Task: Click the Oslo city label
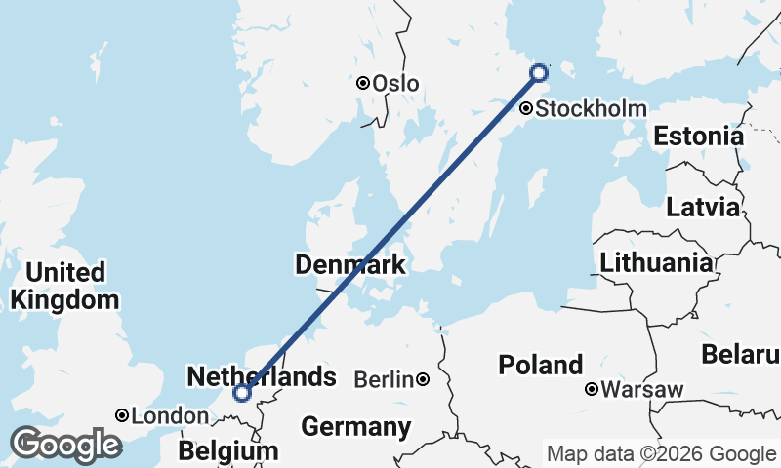[x=395, y=84]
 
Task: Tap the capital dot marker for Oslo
[x=363, y=84]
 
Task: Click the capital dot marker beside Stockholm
[x=527, y=108]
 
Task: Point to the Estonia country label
[x=698, y=136]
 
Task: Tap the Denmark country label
[x=349, y=265]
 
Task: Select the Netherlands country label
[x=261, y=376]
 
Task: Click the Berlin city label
[x=384, y=379]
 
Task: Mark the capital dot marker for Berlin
[x=423, y=379]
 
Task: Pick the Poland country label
[x=540, y=366]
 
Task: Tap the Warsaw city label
[x=641, y=390]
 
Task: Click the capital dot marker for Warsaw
[x=592, y=390]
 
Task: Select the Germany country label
[x=355, y=427]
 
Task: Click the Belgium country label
[x=227, y=452]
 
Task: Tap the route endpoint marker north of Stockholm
[x=538, y=72]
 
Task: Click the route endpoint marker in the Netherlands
[x=241, y=393]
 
